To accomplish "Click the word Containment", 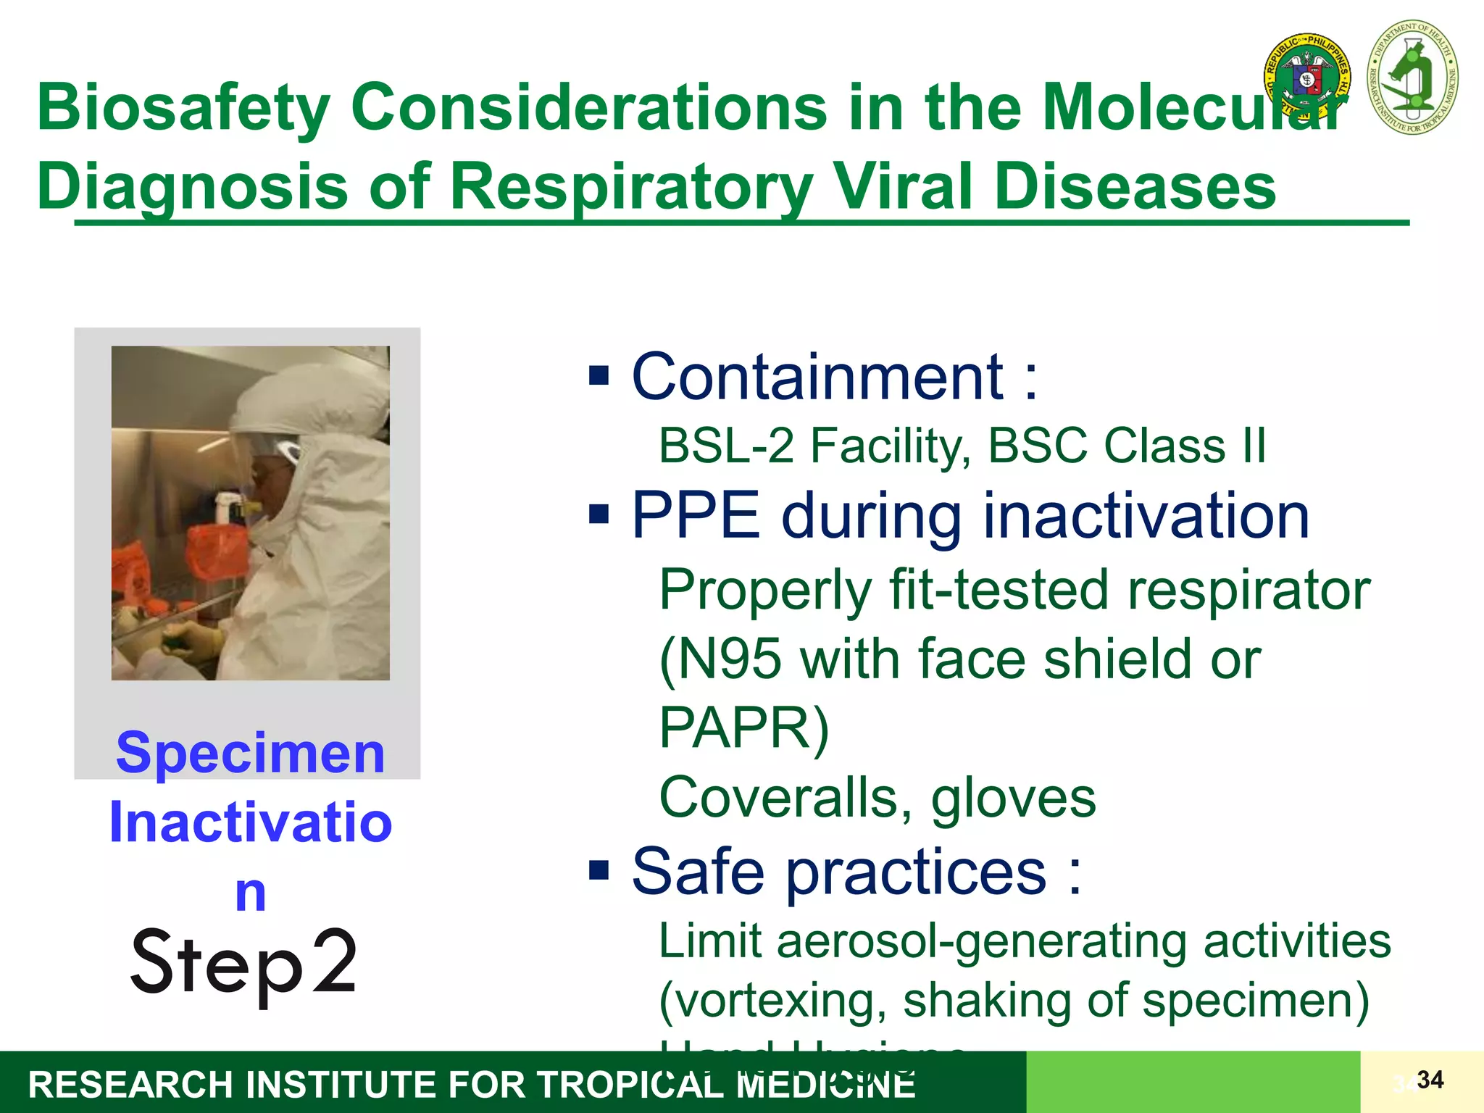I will (x=817, y=377).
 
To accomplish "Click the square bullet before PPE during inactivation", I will (x=599, y=516).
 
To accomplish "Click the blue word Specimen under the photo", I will (x=250, y=754).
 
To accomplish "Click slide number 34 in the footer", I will (x=1430, y=1080).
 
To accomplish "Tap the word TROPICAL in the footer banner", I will (x=630, y=1085).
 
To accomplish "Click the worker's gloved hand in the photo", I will (x=192, y=642).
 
